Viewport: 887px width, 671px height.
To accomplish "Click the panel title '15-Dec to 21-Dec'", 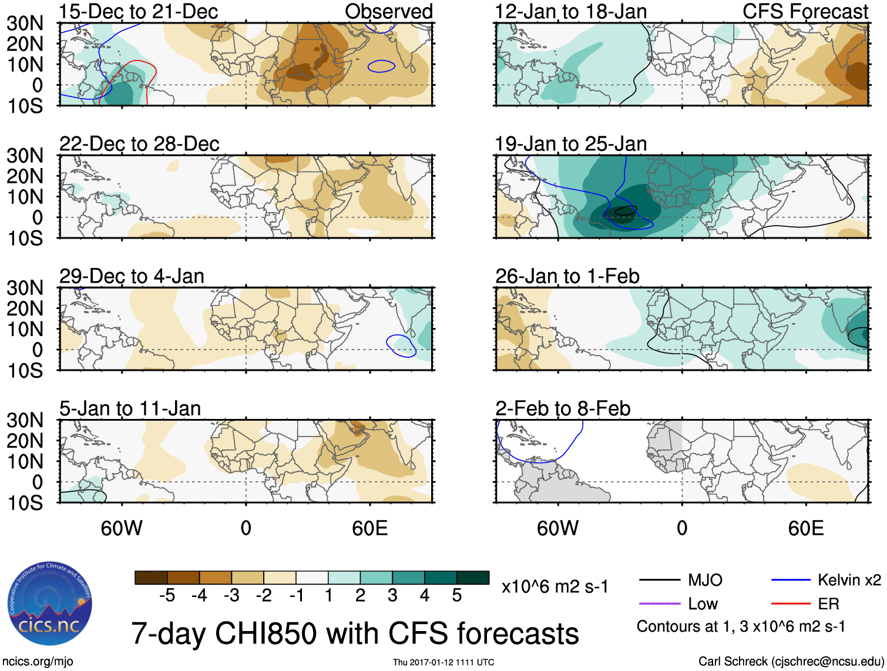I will tap(139, 11).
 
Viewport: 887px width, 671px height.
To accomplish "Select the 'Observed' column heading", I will tap(388, 11).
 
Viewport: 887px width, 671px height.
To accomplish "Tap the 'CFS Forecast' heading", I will tap(805, 11).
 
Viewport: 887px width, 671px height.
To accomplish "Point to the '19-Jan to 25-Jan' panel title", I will tap(570, 144).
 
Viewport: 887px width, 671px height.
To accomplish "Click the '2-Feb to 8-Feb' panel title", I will tap(563, 408).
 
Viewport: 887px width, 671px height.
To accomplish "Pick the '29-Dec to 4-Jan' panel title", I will tap(132, 276).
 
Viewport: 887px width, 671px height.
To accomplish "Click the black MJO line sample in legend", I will tap(659, 581).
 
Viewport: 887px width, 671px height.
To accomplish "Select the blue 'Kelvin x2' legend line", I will tap(791, 581).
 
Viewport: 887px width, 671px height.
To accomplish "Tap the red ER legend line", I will tap(791, 603).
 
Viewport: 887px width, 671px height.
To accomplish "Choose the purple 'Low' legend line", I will tap(659, 603).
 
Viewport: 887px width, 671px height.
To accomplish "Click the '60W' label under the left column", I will tap(122, 528).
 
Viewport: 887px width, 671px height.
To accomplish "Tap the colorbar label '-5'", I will tap(167, 596).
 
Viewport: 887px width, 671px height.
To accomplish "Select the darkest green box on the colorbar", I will tap(473, 578).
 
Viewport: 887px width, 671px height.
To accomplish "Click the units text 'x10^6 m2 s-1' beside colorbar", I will tap(555, 586).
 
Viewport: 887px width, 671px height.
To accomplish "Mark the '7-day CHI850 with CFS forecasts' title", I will tap(355, 633).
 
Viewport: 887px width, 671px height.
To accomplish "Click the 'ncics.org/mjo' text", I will tap(38, 662).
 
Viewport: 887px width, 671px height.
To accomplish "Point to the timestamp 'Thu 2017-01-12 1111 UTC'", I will tap(444, 662).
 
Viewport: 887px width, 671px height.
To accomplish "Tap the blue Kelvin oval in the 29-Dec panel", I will tap(401, 345).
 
